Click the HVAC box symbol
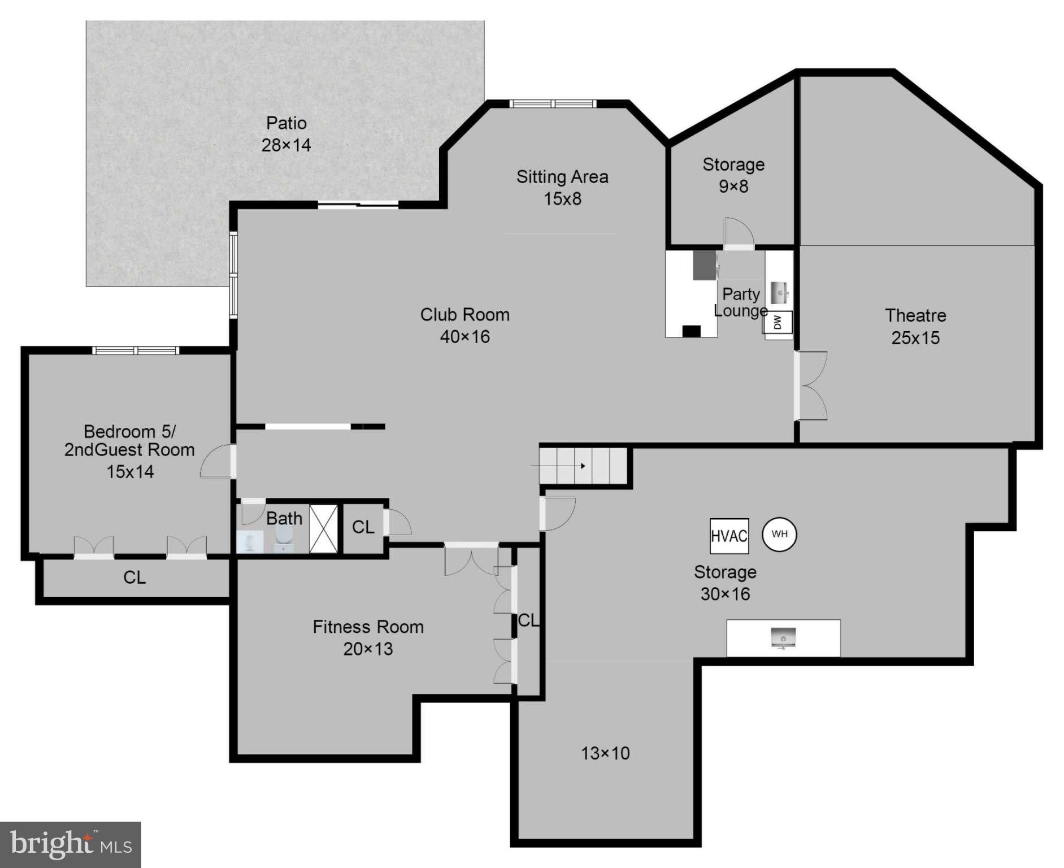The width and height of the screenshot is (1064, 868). [729, 536]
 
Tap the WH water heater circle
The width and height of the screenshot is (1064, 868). [779, 534]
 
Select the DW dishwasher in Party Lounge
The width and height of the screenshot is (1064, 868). [778, 322]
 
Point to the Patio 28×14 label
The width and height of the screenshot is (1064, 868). [286, 134]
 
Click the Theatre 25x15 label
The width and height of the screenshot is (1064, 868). [915, 326]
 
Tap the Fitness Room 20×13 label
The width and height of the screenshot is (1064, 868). [368, 637]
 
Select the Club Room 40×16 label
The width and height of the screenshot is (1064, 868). [464, 325]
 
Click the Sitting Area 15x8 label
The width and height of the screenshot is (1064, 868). [562, 188]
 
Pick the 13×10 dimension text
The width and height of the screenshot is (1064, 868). [605, 753]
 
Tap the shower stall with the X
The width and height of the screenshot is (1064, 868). [323, 528]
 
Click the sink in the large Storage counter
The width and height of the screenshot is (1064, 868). [783, 638]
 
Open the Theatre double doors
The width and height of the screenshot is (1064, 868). [811, 386]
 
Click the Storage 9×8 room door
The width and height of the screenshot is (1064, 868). [738, 233]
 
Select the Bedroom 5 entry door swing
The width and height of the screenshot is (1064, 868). [218, 462]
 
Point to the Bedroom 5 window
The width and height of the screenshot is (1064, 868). [136, 350]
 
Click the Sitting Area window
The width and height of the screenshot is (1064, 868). [553, 103]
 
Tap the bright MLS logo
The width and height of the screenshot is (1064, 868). [71, 844]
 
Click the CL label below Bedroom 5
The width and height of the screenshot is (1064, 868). [134, 577]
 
